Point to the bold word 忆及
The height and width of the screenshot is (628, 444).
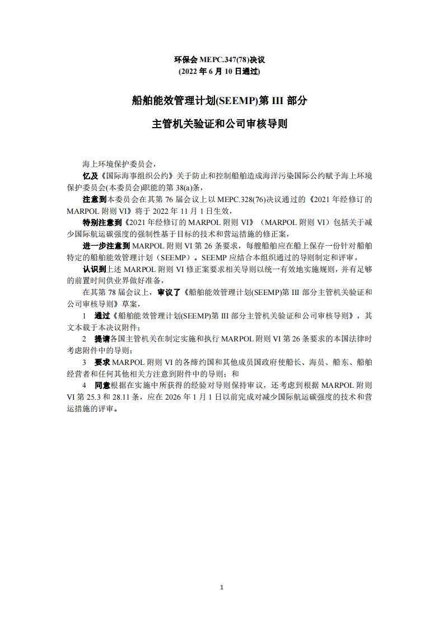coord(90,176)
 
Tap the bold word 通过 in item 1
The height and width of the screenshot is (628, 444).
coord(103,315)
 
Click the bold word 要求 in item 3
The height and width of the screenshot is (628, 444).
coord(102,362)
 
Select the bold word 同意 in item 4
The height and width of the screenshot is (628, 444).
coord(102,385)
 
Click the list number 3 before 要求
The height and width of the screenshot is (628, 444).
coord(85,362)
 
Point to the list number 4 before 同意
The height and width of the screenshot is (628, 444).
coord(85,385)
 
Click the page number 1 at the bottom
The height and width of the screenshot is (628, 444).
coord(222,587)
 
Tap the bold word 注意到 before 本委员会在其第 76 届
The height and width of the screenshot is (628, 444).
coord(94,199)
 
